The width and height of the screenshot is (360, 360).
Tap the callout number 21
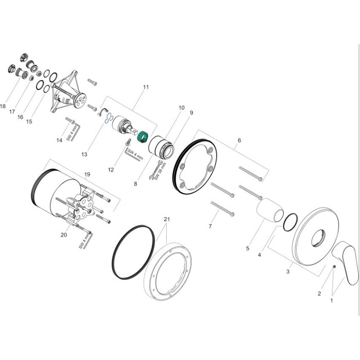point(166,220)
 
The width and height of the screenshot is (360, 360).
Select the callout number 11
point(146,87)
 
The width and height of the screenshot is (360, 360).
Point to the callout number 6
point(239,140)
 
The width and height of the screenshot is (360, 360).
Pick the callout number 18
point(3,106)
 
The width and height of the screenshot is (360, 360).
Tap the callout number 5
point(247,248)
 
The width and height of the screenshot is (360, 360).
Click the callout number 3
point(289,271)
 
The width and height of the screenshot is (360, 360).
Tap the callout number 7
point(209,226)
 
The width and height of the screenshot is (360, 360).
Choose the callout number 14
point(59,140)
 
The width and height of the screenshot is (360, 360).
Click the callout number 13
point(85,154)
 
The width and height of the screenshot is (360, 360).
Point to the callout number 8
point(136,183)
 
